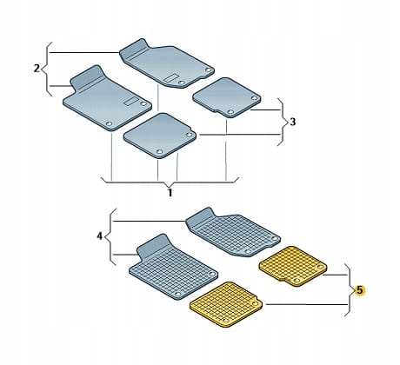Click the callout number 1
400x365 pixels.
(170, 193)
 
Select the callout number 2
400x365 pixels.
(37, 69)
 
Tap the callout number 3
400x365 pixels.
(293, 122)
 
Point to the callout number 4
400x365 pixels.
(100, 236)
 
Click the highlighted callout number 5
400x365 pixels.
(359, 290)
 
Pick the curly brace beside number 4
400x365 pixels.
(107, 236)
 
